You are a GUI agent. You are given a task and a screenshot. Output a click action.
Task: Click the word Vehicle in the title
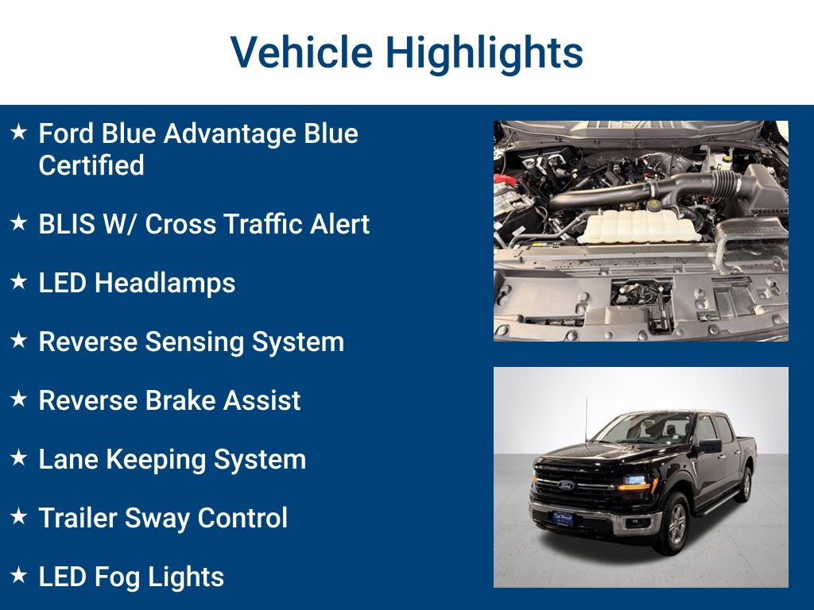[x=301, y=52]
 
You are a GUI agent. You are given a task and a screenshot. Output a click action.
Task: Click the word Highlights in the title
[x=484, y=52]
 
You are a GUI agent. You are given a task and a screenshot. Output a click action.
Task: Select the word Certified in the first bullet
[x=91, y=165]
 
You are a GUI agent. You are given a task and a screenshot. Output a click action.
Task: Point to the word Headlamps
[x=165, y=283]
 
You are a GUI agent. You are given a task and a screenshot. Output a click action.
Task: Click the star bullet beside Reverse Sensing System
[x=19, y=341]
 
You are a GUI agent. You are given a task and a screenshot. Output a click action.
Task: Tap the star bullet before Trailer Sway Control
[x=19, y=516]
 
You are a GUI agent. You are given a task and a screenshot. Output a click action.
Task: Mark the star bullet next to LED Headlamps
[x=19, y=282]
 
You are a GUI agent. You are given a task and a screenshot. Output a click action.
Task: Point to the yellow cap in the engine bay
[x=654, y=205]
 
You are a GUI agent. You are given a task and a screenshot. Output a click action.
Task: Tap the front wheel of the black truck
[x=674, y=525]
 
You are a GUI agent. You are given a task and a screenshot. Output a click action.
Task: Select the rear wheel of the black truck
[x=745, y=485]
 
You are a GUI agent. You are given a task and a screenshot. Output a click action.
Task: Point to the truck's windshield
[x=644, y=430]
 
